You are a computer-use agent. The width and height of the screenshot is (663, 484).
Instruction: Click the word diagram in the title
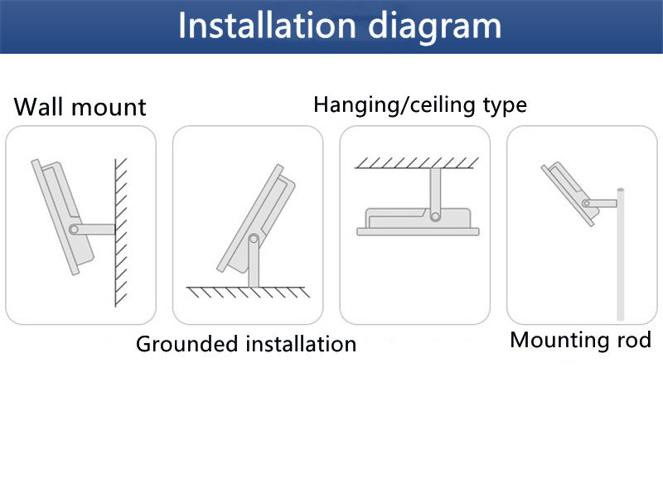tap(434, 27)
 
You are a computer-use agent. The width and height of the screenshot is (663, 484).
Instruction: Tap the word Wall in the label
tap(38, 107)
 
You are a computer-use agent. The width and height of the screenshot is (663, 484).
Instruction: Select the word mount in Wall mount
tap(109, 108)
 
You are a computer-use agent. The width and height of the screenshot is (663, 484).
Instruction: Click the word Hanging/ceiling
tap(395, 104)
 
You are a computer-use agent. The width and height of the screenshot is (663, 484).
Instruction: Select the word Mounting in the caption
tap(559, 341)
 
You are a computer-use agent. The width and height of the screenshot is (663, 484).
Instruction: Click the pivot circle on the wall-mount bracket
tap(74, 230)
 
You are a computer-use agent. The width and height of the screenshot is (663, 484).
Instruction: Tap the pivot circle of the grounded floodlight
tap(254, 239)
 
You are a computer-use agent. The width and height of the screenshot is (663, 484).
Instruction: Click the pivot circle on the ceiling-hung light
tap(435, 216)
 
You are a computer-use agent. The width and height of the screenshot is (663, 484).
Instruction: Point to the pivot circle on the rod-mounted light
tap(587, 203)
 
